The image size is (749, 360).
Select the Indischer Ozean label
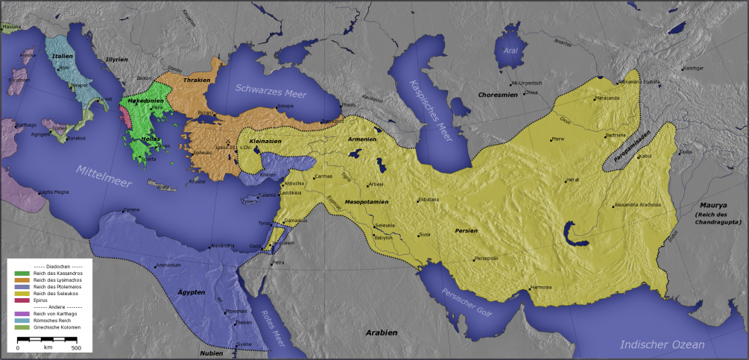[662, 344]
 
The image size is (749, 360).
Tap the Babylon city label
[384, 238]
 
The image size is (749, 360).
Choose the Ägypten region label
[192, 292]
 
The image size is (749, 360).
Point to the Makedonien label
[145, 100]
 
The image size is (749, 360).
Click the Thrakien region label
[197, 79]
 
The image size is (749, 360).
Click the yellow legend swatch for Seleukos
[22, 293]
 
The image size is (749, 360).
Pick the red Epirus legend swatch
[22, 300]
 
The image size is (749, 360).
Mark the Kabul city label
[645, 156]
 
